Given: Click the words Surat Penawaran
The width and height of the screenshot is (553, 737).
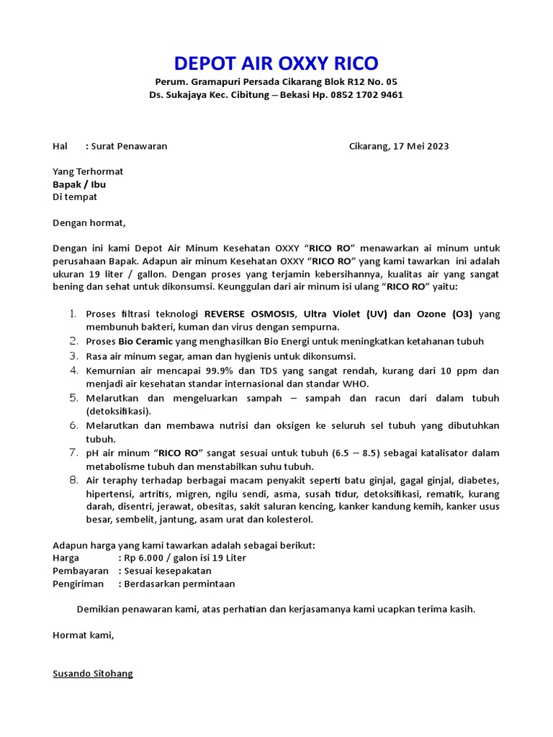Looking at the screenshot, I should (129, 146).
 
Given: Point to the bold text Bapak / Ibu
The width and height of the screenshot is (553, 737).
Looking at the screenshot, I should (79, 184).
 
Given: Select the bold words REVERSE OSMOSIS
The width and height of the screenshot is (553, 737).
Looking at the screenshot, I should (251, 314).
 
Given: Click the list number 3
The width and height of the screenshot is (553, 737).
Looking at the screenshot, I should (73, 356).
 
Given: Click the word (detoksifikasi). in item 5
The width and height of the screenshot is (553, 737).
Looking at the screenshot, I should (119, 411).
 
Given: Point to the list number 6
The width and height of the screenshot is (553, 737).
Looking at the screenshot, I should (73, 425).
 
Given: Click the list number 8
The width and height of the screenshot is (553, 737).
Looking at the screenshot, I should (73, 480).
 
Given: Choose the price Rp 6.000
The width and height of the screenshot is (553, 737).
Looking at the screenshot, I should (148, 558).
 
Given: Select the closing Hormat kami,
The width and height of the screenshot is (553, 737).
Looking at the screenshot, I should (84, 635).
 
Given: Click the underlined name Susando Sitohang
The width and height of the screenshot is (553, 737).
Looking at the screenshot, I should (93, 674).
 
